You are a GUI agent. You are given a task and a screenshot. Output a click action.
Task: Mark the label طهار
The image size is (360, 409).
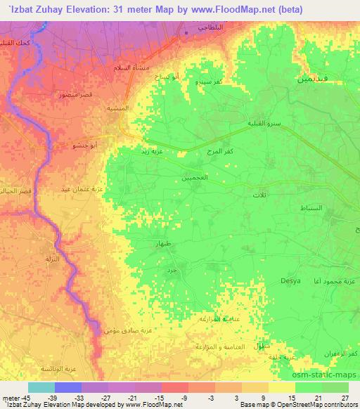[164, 242]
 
